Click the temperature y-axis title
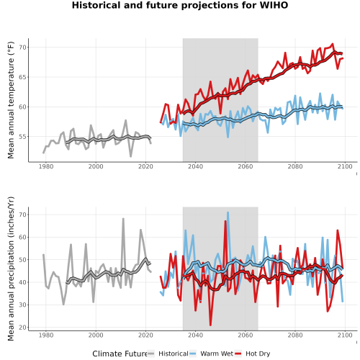(11, 100)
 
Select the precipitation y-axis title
(11, 269)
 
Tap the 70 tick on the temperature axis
(23, 48)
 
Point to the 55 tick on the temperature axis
(23, 137)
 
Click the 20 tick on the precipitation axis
(23, 328)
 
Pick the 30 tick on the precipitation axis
(23, 305)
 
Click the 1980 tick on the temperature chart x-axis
(46, 166)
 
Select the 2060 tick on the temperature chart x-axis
(246, 166)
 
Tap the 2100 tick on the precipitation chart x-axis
(345, 335)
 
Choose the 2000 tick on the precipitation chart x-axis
(96, 335)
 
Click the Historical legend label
(174, 354)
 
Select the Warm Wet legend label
(217, 354)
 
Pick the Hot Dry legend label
(258, 354)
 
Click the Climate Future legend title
(120, 354)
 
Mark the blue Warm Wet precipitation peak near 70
(228, 212)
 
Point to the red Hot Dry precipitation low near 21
(210, 325)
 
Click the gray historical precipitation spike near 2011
(123, 219)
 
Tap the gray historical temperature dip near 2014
(131, 156)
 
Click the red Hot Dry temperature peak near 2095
(333, 44)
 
